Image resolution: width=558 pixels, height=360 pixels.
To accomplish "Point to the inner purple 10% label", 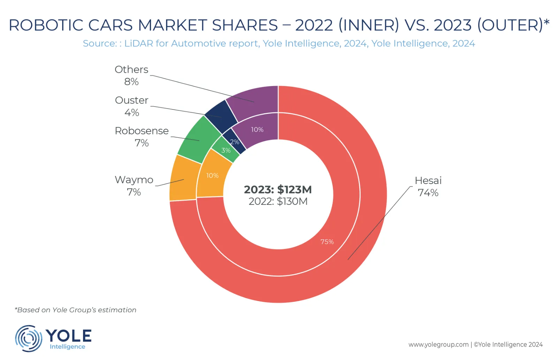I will tap(257, 130).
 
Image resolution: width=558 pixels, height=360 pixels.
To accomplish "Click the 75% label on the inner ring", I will tap(327, 242).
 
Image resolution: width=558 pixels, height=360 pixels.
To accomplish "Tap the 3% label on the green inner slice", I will tap(226, 150).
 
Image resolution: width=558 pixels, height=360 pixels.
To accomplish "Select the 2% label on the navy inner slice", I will tap(234, 142).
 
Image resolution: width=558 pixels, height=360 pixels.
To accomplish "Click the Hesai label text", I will tap(428, 181).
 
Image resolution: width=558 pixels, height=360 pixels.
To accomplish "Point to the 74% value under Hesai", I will tap(428, 193).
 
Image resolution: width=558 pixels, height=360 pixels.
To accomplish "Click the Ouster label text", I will tap(131, 100).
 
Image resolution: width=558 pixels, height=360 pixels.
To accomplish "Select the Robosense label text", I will tap(142, 131).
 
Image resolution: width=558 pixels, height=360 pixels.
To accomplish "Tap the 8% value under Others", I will tap(131, 82).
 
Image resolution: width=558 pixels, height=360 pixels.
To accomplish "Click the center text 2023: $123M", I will tap(278, 190).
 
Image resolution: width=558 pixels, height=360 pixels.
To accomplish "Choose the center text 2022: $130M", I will tap(278, 201).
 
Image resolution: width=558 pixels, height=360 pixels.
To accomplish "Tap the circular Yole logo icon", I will tap(28, 338).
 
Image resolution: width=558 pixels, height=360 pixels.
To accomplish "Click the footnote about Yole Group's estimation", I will tap(75, 310).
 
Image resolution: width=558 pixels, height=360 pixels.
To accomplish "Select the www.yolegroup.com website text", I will tap(438, 344).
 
